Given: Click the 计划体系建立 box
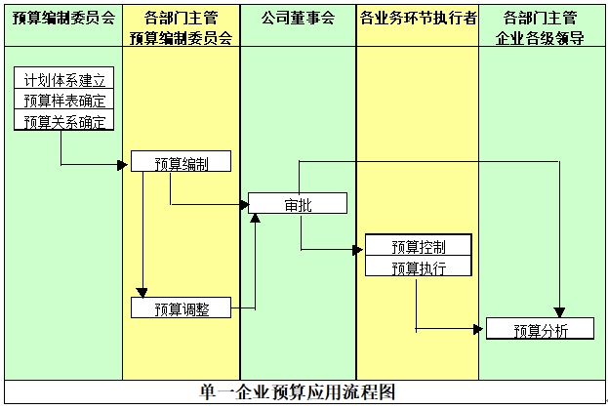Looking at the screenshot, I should (63, 79).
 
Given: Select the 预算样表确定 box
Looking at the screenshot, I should (63, 101).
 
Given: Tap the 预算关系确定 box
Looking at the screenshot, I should (63, 121).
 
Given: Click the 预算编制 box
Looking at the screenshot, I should (181, 162).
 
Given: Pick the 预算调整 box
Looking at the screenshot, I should (181, 308).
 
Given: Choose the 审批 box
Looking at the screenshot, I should (298, 204).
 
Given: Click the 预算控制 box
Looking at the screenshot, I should (419, 245).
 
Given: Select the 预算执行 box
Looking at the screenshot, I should (419, 266).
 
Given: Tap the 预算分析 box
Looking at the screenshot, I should (540, 330).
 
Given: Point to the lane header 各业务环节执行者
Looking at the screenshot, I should (418, 19).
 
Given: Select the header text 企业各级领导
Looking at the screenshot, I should (541, 39).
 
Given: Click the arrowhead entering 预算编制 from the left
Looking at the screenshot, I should (124, 164).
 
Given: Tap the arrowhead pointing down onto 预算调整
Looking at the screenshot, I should (142, 292).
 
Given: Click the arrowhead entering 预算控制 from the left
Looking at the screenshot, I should (358, 250).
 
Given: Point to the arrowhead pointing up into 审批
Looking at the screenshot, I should (256, 219).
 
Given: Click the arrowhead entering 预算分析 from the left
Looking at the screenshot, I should (479, 330).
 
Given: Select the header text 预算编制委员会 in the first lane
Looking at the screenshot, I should (63, 19).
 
